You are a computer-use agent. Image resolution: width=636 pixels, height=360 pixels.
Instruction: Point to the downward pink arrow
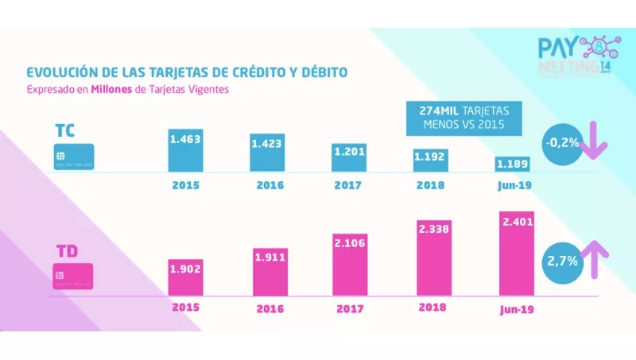595,141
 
